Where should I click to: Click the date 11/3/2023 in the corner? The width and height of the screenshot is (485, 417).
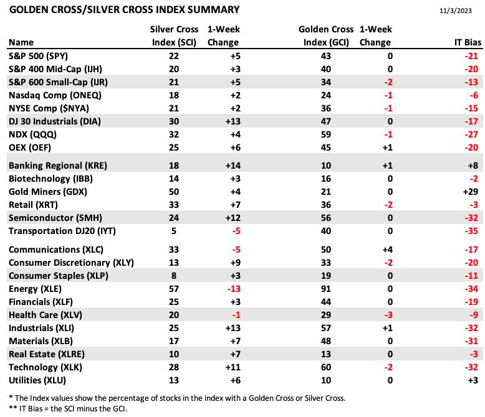coord(455,11)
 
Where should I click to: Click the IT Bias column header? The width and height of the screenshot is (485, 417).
coord(468,42)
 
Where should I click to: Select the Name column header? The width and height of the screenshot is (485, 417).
coord(21,42)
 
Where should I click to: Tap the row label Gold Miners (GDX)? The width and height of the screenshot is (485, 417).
coord(48,192)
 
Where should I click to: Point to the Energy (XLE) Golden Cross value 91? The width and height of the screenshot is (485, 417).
coord(325,289)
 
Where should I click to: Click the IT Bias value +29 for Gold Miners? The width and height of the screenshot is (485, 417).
coord(471,192)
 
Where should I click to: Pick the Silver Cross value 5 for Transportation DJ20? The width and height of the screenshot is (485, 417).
coord(174,231)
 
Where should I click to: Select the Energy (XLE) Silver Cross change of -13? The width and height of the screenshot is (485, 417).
coord(234,289)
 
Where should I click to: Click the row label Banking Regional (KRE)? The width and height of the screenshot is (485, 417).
coord(58,166)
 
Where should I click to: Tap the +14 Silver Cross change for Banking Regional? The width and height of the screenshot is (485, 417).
coord(233,166)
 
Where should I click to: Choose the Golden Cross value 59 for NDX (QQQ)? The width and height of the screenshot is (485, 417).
coord(325,134)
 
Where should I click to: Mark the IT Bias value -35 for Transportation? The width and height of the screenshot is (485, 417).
coord(471,231)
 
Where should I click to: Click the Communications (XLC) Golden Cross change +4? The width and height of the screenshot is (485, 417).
coord(388,250)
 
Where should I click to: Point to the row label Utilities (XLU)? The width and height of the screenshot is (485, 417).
coord(37,380)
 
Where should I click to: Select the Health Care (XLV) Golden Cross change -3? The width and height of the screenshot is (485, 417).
coord(388,315)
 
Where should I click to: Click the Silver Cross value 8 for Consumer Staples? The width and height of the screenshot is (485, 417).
coord(174,276)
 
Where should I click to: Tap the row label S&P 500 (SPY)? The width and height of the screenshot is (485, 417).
coord(39,56)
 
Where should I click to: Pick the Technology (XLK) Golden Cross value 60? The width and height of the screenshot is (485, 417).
coord(325,367)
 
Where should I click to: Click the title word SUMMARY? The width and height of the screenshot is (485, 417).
coord(213,10)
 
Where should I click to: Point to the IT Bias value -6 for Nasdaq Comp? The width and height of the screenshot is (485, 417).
coord(474,95)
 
